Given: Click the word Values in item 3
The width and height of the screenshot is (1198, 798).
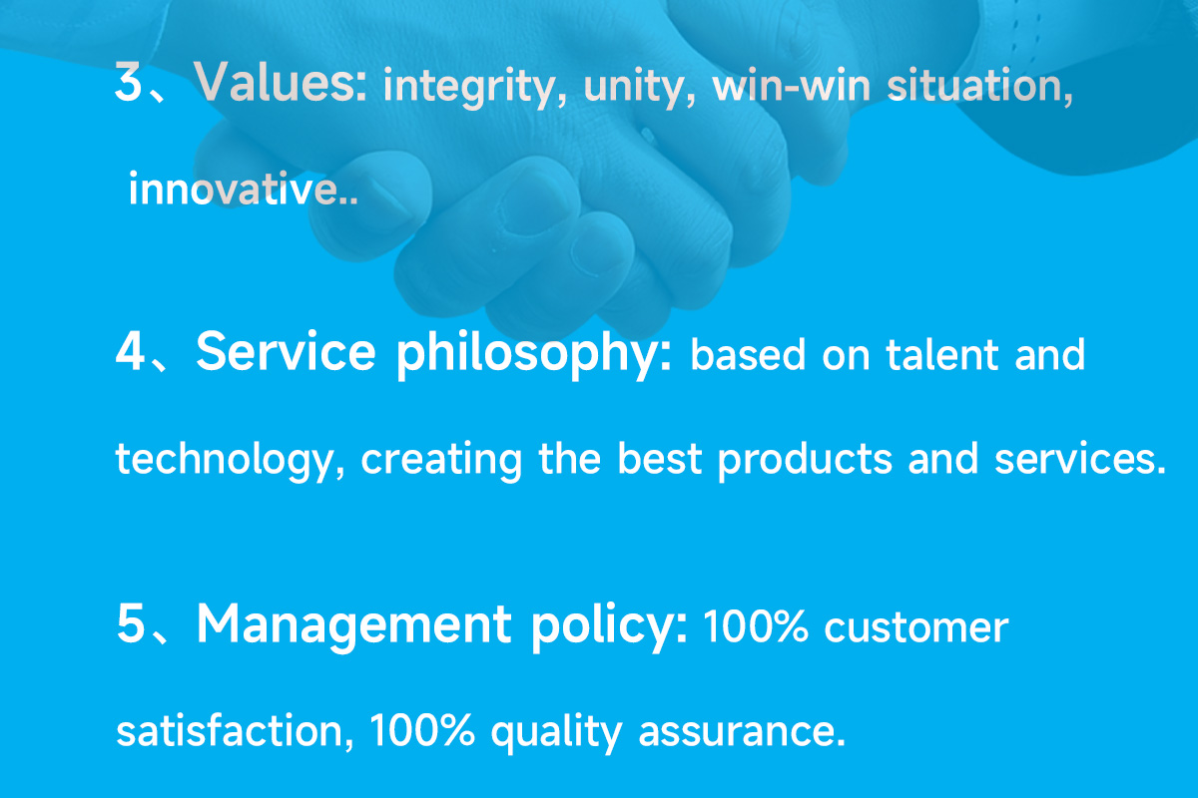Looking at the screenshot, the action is pyautogui.click(x=280, y=81).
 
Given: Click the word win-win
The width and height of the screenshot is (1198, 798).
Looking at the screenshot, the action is pyautogui.click(x=791, y=86).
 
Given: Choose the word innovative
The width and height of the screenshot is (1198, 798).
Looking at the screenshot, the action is pyautogui.click(x=243, y=189).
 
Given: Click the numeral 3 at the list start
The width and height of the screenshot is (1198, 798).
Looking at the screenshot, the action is pyautogui.click(x=129, y=81).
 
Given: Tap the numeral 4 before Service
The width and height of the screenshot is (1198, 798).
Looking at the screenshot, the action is pyautogui.click(x=130, y=351).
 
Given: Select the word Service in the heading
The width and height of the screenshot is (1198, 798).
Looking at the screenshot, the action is pyautogui.click(x=286, y=351).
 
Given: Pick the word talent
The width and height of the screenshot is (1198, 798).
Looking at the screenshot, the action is pyautogui.click(x=941, y=354).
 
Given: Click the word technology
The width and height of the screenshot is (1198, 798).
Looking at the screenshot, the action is pyautogui.click(x=230, y=460).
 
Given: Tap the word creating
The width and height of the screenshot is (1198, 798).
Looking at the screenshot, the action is pyautogui.click(x=441, y=460).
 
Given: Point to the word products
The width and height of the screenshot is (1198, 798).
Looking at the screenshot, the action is pyautogui.click(x=805, y=460).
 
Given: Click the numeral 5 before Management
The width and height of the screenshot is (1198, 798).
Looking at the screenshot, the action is pyautogui.click(x=130, y=623).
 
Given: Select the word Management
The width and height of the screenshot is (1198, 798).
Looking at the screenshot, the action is pyautogui.click(x=354, y=624).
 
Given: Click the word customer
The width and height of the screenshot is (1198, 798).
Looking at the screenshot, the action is pyautogui.click(x=916, y=627).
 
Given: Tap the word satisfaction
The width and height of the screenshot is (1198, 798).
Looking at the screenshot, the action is pyautogui.click(x=235, y=730).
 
